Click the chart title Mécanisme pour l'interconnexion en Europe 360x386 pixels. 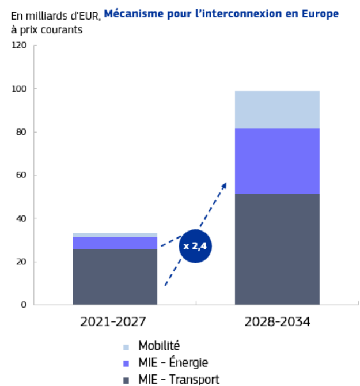pyautogui.click(x=221, y=13)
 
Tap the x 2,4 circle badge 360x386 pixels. pyautogui.click(x=196, y=246)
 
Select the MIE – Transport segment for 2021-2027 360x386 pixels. pyautogui.click(x=115, y=277)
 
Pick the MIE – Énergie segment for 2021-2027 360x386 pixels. pyautogui.click(x=115, y=243)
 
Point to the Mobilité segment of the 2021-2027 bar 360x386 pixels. pyautogui.click(x=115, y=234)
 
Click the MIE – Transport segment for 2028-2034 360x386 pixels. pyautogui.click(x=277, y=249)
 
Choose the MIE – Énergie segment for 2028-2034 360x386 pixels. pyautogui.click(x=277, y=161)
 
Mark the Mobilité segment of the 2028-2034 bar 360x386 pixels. pyautogui.click(x=277, y=109)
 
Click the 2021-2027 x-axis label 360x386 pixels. pyautogui.click(x=115, y=321)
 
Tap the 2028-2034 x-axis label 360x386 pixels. pyautogui.click(x=277, y=321)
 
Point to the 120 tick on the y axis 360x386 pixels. pyautogui.click(x=20, y=46)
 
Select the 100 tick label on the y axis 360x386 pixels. pyautogui.click(x=20, y=89)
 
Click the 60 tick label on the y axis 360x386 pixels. pyautogui.click(x=22, y=175)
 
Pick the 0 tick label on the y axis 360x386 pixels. pyautogui.click(x=24, y=305)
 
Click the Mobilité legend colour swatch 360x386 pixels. pyautogui.click(x=127, y=347)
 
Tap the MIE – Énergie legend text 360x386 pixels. pyautogui.click(x=173, y=363)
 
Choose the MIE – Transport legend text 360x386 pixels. pyautogui.click(x=179, y=380)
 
